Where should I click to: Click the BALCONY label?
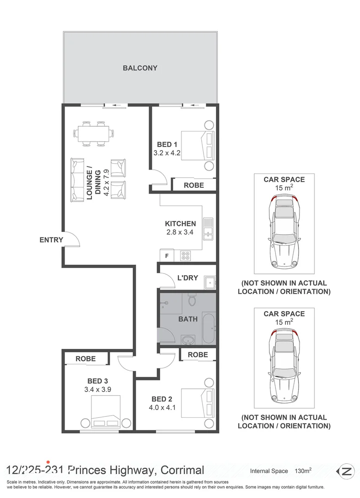pyautogui.click(x=140, y=68)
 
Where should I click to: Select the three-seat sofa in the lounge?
pyautogui.click(x=77, y=180)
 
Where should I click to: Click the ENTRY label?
pyautogui.click(x=51, y=240)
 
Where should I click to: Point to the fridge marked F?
pyautogui.click(x=167, y=255)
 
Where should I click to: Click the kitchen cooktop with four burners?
pyautogui.click(x=185, y=255)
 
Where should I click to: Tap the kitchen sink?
pyautogui.click(x=208, y=229)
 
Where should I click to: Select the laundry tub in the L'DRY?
pyautogui.click(x=210, y=282)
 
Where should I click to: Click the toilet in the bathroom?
pyautogui.click(x=192, y=299)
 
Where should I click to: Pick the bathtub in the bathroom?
pyautogui.click(x=209, y=328)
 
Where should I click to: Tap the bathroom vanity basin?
pyautogui.click(x=188, y=340)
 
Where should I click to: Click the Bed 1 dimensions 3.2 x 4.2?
pyautogui.click(x=167, y=153)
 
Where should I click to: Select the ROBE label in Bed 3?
pyautogui.click(x=85, y=359)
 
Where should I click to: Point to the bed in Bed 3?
pyautogui.click(x=106, y=412)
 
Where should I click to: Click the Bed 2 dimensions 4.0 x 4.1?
pyautogui.click(x=162, y=408)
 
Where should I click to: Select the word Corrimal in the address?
pyautogui.click(x=182, y=470)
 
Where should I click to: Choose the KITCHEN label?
pyautogui.click(x=180, y=224)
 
